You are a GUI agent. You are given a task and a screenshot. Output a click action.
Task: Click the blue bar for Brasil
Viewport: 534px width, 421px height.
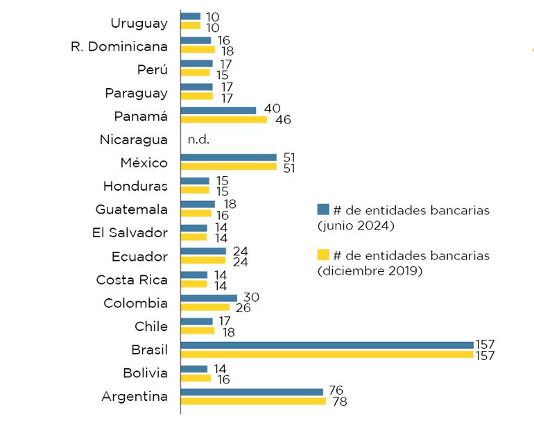coord(327,345)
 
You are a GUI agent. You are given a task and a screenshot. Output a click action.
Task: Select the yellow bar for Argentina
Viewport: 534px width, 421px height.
coord(253,401)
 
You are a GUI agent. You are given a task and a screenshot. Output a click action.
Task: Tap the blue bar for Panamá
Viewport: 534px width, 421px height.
coord(218,110)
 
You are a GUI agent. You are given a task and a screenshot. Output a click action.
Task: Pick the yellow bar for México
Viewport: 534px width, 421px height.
coord(228,166)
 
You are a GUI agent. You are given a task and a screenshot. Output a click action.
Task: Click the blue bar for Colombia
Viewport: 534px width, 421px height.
coord(209,298)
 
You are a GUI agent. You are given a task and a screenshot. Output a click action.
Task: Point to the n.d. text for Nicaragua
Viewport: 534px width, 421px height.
coord(198,139)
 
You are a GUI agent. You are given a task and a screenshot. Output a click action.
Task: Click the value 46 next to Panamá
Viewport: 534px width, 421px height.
coord(282,120)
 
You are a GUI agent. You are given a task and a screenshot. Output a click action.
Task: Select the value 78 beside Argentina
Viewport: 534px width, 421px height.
coord(340,402)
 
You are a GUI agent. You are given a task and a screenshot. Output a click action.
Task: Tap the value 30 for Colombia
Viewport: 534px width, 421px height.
coord(251,297)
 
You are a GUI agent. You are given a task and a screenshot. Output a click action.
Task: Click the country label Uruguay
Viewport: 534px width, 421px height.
coord(139,23)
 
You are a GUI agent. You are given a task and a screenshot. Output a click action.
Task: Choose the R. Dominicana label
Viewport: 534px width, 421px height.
coord(119,46)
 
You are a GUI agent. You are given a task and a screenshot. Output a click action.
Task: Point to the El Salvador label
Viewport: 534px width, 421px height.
coord(130,232)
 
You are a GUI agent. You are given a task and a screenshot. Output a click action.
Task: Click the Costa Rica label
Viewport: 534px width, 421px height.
coord(132,280)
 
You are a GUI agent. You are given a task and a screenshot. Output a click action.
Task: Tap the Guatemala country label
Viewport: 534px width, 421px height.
coord(132,209)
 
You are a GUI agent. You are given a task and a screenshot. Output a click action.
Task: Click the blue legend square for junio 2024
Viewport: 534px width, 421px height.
coord(322,209)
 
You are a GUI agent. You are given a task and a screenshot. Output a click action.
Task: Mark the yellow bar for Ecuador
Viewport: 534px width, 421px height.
coord(203,261)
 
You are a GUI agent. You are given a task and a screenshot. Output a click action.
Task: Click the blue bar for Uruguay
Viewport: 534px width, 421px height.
coord(191,16)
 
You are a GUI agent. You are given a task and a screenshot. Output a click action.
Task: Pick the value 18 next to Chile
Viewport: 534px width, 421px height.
coord(228,332)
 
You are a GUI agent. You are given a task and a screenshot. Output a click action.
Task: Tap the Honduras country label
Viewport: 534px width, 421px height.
coord(135,186)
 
